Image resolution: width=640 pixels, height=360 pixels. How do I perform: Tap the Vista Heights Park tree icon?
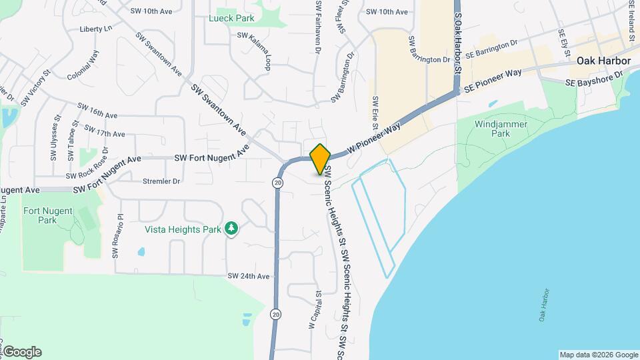[x=231, y=229]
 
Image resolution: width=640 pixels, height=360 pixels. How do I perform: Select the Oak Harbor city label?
[x=603, y=61]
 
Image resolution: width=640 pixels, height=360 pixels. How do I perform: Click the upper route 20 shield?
[x=277, y=182]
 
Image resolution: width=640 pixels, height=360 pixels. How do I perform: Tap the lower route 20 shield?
[x=275, y=313]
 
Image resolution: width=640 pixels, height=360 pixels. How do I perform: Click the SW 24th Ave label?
[x=248, y=276]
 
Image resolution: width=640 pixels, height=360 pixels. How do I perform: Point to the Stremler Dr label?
[x=161, y=181]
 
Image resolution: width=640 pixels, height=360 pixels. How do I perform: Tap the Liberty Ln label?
[x=95, y=29]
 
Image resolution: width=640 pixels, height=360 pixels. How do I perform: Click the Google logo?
[x=22, y=352]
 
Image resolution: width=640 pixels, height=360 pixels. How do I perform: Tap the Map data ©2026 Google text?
[x=599, y=355]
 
